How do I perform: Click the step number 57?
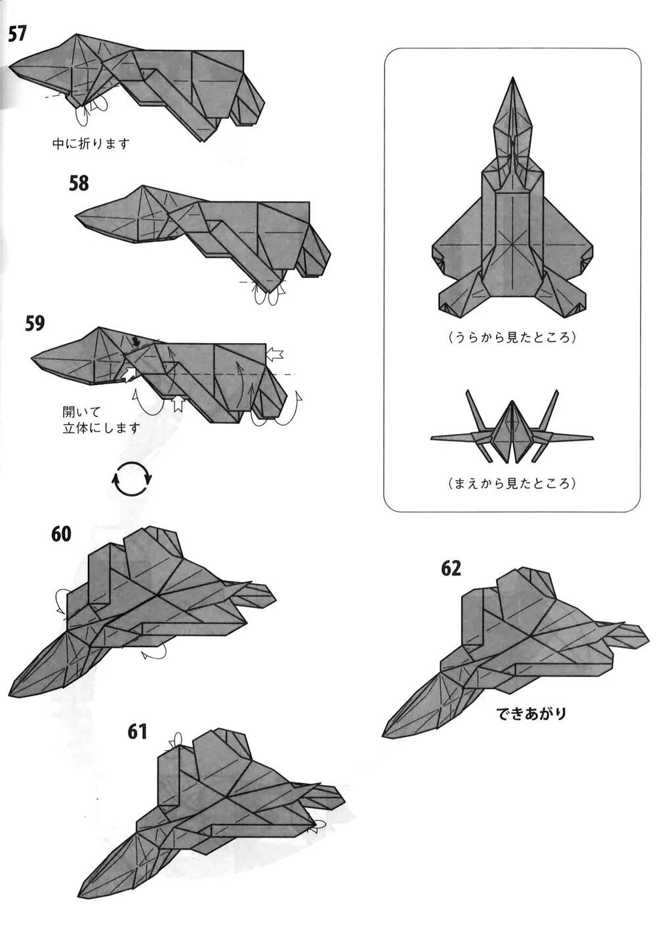point(18,33)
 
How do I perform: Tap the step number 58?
point(79,183)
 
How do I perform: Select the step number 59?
point(35,323)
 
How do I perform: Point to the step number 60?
point(61,534)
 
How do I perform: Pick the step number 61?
point(138,730)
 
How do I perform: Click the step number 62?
point(451,568)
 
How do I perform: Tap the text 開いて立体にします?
point(101,420)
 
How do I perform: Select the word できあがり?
point(531,713)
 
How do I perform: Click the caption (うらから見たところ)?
point(512,338)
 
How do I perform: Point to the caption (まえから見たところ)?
point(512,484)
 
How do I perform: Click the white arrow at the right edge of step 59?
point(275,354)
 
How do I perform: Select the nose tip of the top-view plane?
point(512,79)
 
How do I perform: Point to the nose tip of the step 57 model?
point(11,66)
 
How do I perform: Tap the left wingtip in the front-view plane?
point(432,438)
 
